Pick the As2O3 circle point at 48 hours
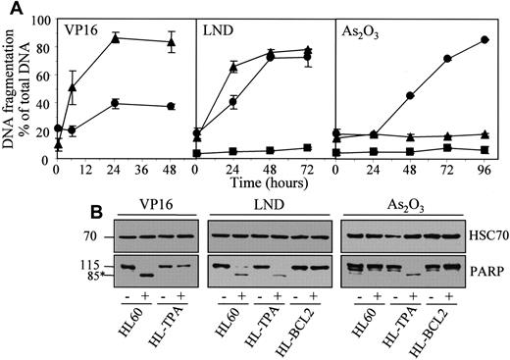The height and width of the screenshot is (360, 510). point(409,95)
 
